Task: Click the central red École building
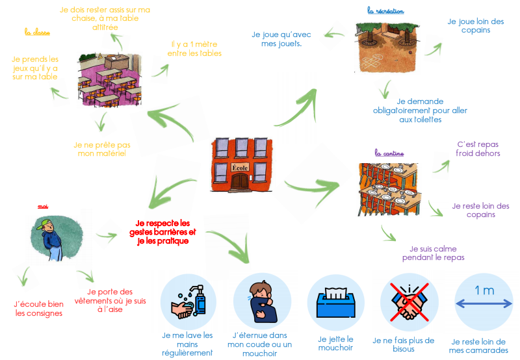pos(240,165)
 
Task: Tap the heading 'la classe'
pos(37,31)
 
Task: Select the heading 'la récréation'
pos(385,11)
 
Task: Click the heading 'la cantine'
pos(389,153)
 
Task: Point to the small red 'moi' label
pos(43,206)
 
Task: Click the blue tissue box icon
pos(335,302)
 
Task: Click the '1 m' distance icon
pos(484,301)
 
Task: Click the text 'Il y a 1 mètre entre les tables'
pos(196,49)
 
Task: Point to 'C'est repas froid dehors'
pos(479,149)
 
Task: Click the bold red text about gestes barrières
pos(162,232)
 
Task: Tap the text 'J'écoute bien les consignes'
pos(38,308)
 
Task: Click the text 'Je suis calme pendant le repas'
pos(432,253)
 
